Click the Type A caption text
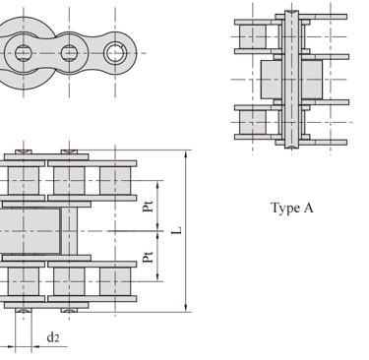pyautogui.click(x=291, y=208)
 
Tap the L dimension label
pyautogui.click(x=177, y=230)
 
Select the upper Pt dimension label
pyautogui.click(x=148, y=206)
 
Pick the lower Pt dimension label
pyautogui.click(x=148, y=257)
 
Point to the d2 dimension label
pyautogui.click(x=53, y=337)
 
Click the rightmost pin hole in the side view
pyautogui.click(x=115, y=53)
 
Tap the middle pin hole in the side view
pyautogui.click(x=69, y=53)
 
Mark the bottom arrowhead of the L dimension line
pyautogui.click(x=186, y=307)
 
